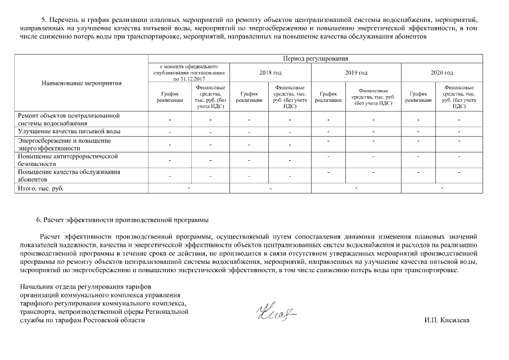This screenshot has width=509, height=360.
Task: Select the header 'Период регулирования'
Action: (x=315, y=58)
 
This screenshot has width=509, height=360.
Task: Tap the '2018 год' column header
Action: (x=271, y=73)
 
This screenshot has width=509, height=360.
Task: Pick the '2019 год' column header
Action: (x=355, y=73)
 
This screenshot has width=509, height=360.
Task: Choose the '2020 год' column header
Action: (x=442, y=73)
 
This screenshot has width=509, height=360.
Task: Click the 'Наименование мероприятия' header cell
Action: (x=82, y=83)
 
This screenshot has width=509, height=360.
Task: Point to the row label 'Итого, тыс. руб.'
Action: (x=41, y=188)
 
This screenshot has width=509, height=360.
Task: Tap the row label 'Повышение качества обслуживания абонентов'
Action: (x=69, y=175)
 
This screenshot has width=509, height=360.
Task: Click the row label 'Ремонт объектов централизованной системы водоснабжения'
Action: (x=69, y=119)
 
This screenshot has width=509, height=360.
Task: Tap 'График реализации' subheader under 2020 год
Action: (x=421, y=97)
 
